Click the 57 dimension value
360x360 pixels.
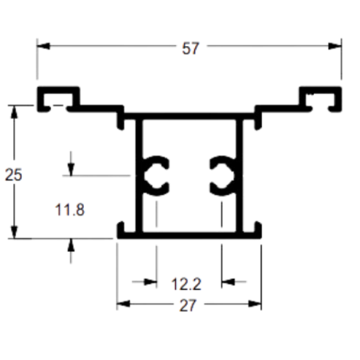191,49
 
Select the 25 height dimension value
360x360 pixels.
13,175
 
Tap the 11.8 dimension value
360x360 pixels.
69,210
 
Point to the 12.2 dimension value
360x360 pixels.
186,285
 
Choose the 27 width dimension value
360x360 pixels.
188,306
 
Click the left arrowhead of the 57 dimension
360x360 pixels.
44,46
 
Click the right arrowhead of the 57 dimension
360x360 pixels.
335,46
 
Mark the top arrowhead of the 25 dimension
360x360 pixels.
14,112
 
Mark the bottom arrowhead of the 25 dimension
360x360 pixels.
14,232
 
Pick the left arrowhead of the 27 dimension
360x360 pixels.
123,304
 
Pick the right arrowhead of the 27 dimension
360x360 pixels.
255,304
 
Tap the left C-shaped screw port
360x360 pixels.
156,176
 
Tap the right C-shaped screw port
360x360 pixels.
223,176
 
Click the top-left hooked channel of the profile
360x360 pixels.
58,90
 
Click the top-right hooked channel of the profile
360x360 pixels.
321,90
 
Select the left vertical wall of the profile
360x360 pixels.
139,176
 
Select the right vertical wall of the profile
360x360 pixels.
239,176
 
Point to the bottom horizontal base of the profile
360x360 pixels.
189,235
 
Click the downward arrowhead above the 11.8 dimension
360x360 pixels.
71,169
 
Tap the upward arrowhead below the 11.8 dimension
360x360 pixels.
71,245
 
